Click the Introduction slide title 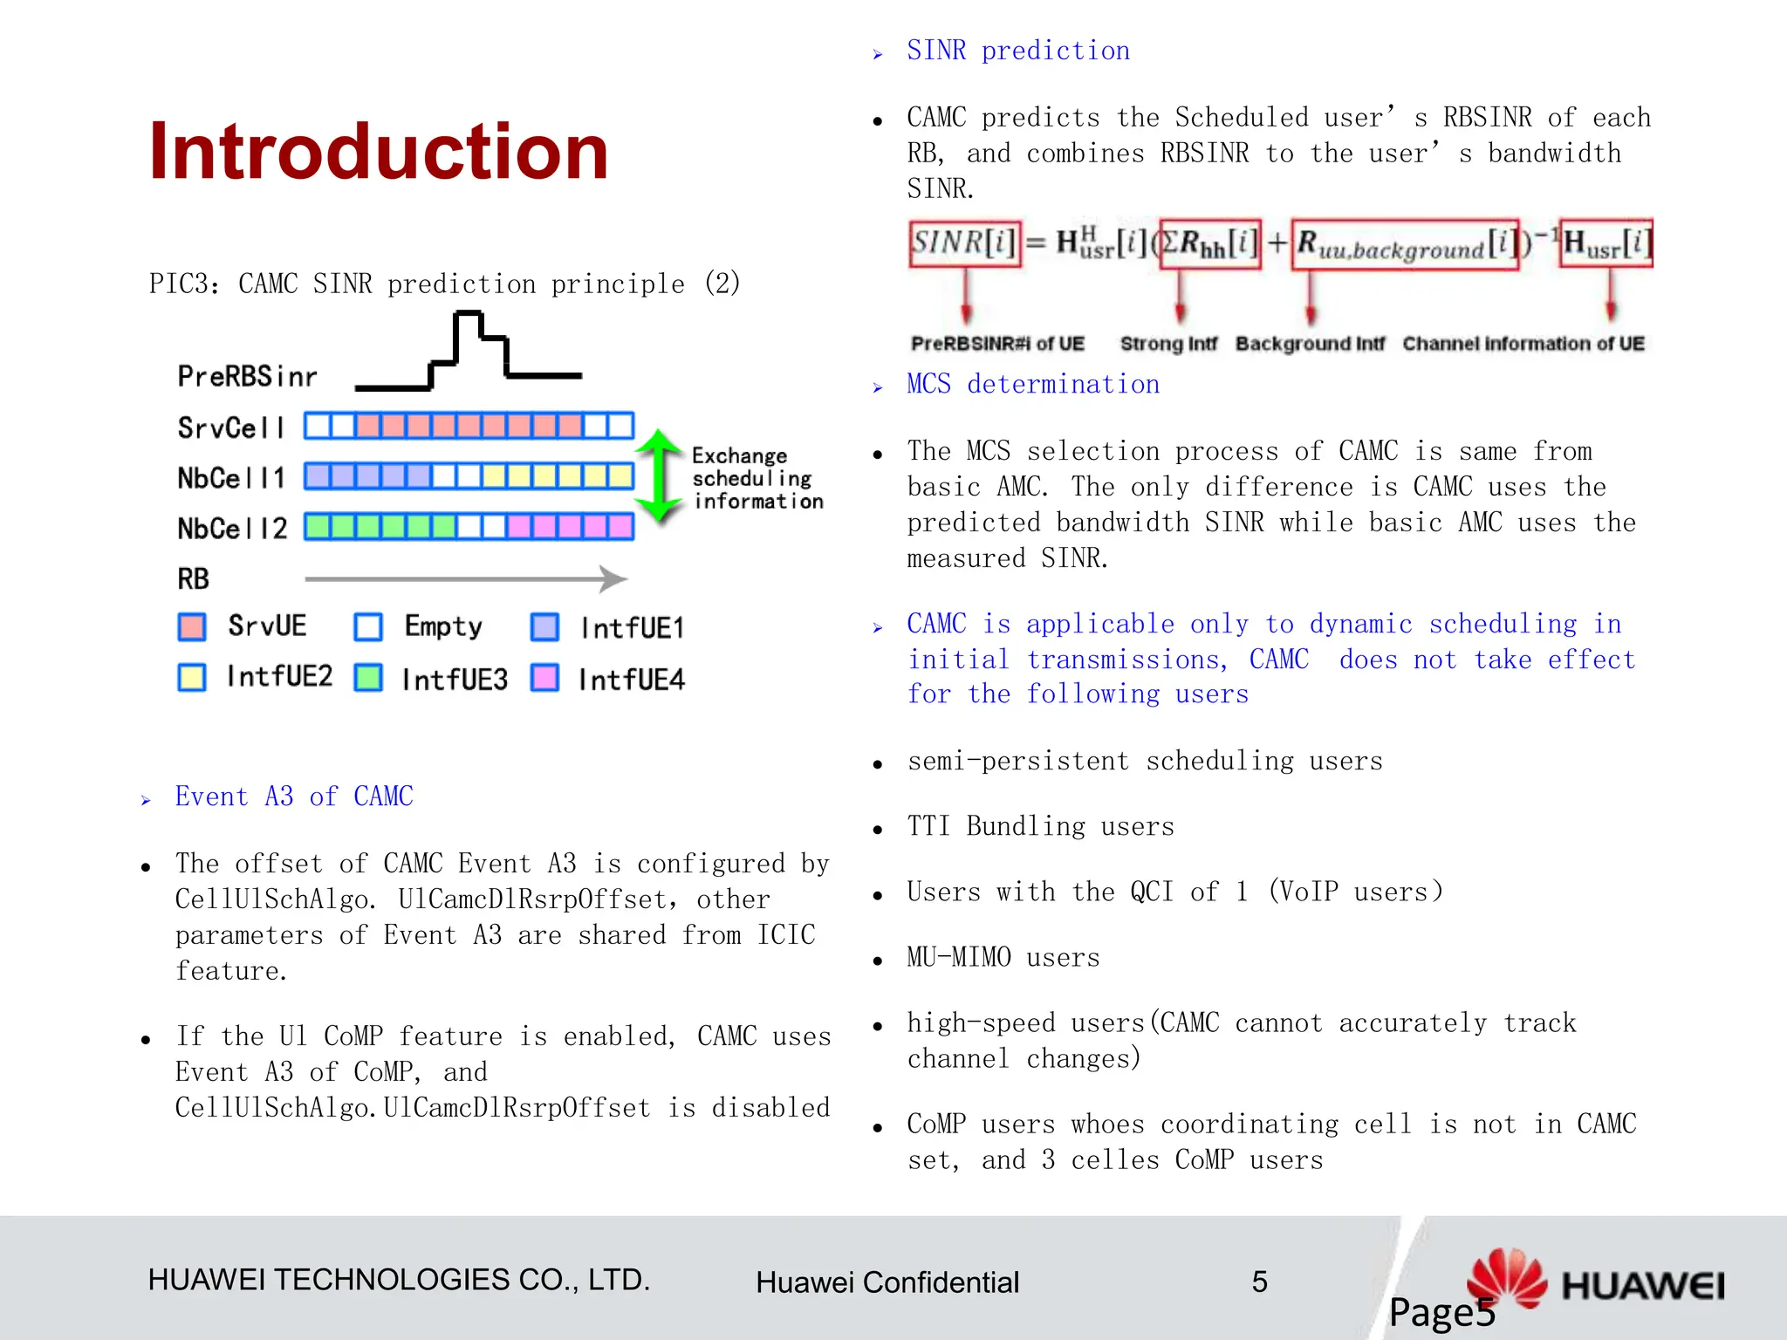[378, 152]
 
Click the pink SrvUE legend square [192, 626]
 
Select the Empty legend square [368, 626]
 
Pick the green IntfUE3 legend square [368, 678]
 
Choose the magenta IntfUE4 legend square [544, 678]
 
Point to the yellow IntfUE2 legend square [192, 678]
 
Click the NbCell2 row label [232, 529]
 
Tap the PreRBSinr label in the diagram [247, 377]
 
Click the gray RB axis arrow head [614, 578]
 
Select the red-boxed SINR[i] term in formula [964, 243]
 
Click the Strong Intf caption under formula [1167, 344]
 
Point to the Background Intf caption [1310, 344]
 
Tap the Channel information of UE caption [1523, 344]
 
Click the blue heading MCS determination [1033, 385]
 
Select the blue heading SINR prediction [1017, 51]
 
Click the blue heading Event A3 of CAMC [294, 796]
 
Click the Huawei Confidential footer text [887, 1282]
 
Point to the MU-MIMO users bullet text [1003, 958]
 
